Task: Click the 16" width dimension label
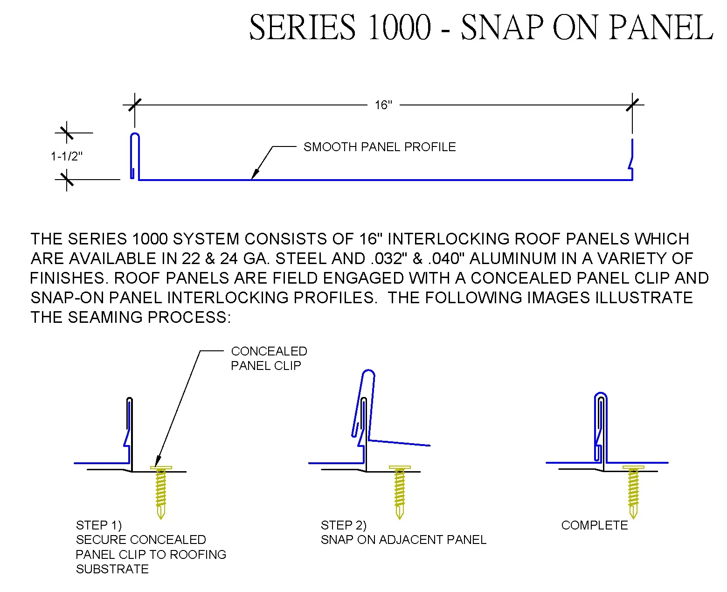pos(383,105)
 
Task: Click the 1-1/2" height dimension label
pos(66,156)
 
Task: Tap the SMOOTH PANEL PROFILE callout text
pos(379,147)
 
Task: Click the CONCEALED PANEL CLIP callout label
pos(269,358)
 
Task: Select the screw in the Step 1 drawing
pos(161,492)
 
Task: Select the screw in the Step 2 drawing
pos(400,492)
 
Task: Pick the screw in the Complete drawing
pos(633,492)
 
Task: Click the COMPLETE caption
pos(594,525)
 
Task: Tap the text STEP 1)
pos(98,525)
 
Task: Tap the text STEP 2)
pos(343,525)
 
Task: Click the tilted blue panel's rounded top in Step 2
pos(368,374)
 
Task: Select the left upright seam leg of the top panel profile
pos(134,156)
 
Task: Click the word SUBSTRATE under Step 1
pos(112,569)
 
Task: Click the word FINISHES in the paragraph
pos(67,278)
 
